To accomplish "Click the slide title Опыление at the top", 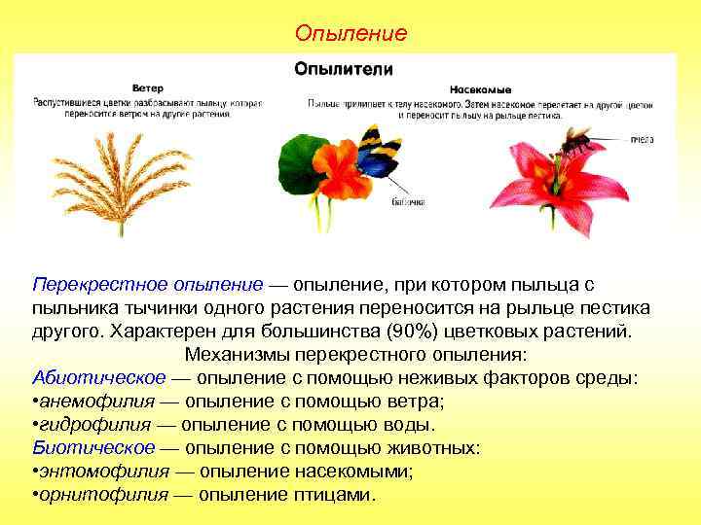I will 350,34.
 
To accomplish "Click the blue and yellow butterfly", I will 379,156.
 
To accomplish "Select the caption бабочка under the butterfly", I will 408,202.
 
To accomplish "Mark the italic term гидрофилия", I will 94,425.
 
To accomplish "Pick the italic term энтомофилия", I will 99,472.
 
